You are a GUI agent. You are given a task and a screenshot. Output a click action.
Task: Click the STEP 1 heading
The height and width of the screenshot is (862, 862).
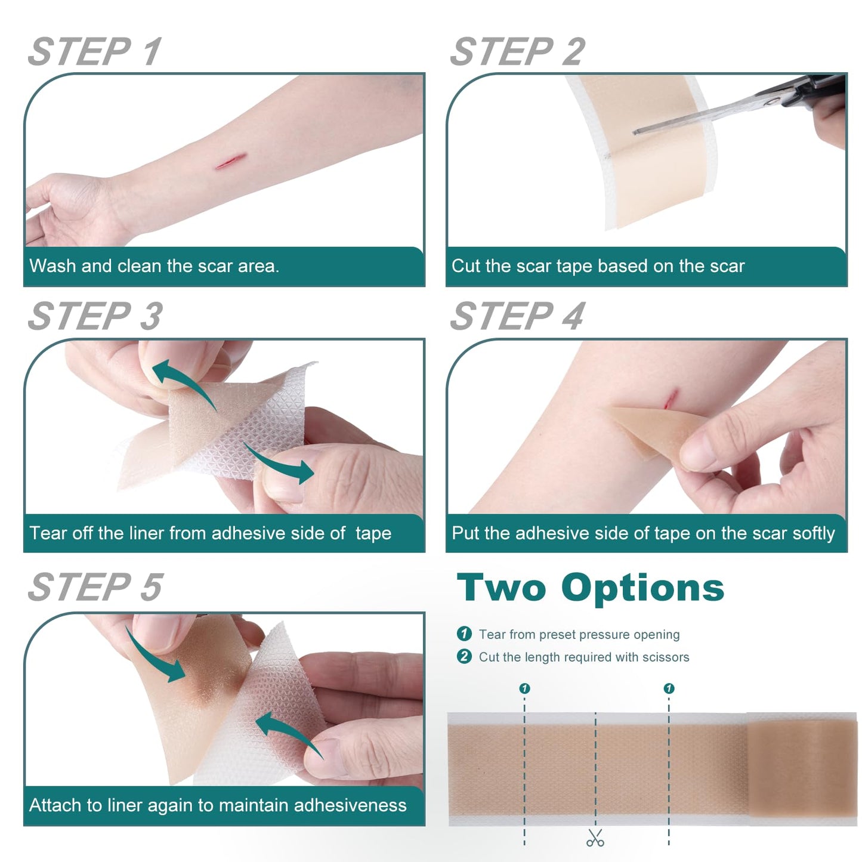click(x=95, y=52)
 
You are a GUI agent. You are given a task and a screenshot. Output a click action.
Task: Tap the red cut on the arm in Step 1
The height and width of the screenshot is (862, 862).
click(x=231, y=161)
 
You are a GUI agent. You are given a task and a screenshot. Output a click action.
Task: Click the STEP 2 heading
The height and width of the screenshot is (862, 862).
click(x=517, y=52)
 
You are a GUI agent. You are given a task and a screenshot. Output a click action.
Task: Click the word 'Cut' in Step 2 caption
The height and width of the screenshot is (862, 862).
click(x=466, y=266)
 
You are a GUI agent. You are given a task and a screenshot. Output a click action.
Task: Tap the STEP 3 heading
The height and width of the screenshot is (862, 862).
click(x=95, y=316)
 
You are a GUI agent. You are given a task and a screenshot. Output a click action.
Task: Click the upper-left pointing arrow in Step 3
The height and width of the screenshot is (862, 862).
click(x=182, y=382)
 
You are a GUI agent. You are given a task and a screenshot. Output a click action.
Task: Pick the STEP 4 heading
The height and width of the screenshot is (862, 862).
click(x=517, y=316)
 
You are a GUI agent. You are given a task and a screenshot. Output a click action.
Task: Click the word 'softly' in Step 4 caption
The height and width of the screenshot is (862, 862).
click(x=812, y=533)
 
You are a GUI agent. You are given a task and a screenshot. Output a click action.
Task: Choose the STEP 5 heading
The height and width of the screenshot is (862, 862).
click(x=95, y=587)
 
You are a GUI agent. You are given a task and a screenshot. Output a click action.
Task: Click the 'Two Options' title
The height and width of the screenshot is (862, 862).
click(x=590, y=588)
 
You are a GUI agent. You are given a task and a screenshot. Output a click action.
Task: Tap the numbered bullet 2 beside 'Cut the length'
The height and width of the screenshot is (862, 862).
click(x=464, y=657)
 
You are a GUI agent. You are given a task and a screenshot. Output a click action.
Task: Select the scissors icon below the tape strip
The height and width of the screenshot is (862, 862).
click(x=595, y=838)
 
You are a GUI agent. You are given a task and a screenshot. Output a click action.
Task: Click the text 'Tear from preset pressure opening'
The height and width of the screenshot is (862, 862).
click(x=579, y=635)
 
